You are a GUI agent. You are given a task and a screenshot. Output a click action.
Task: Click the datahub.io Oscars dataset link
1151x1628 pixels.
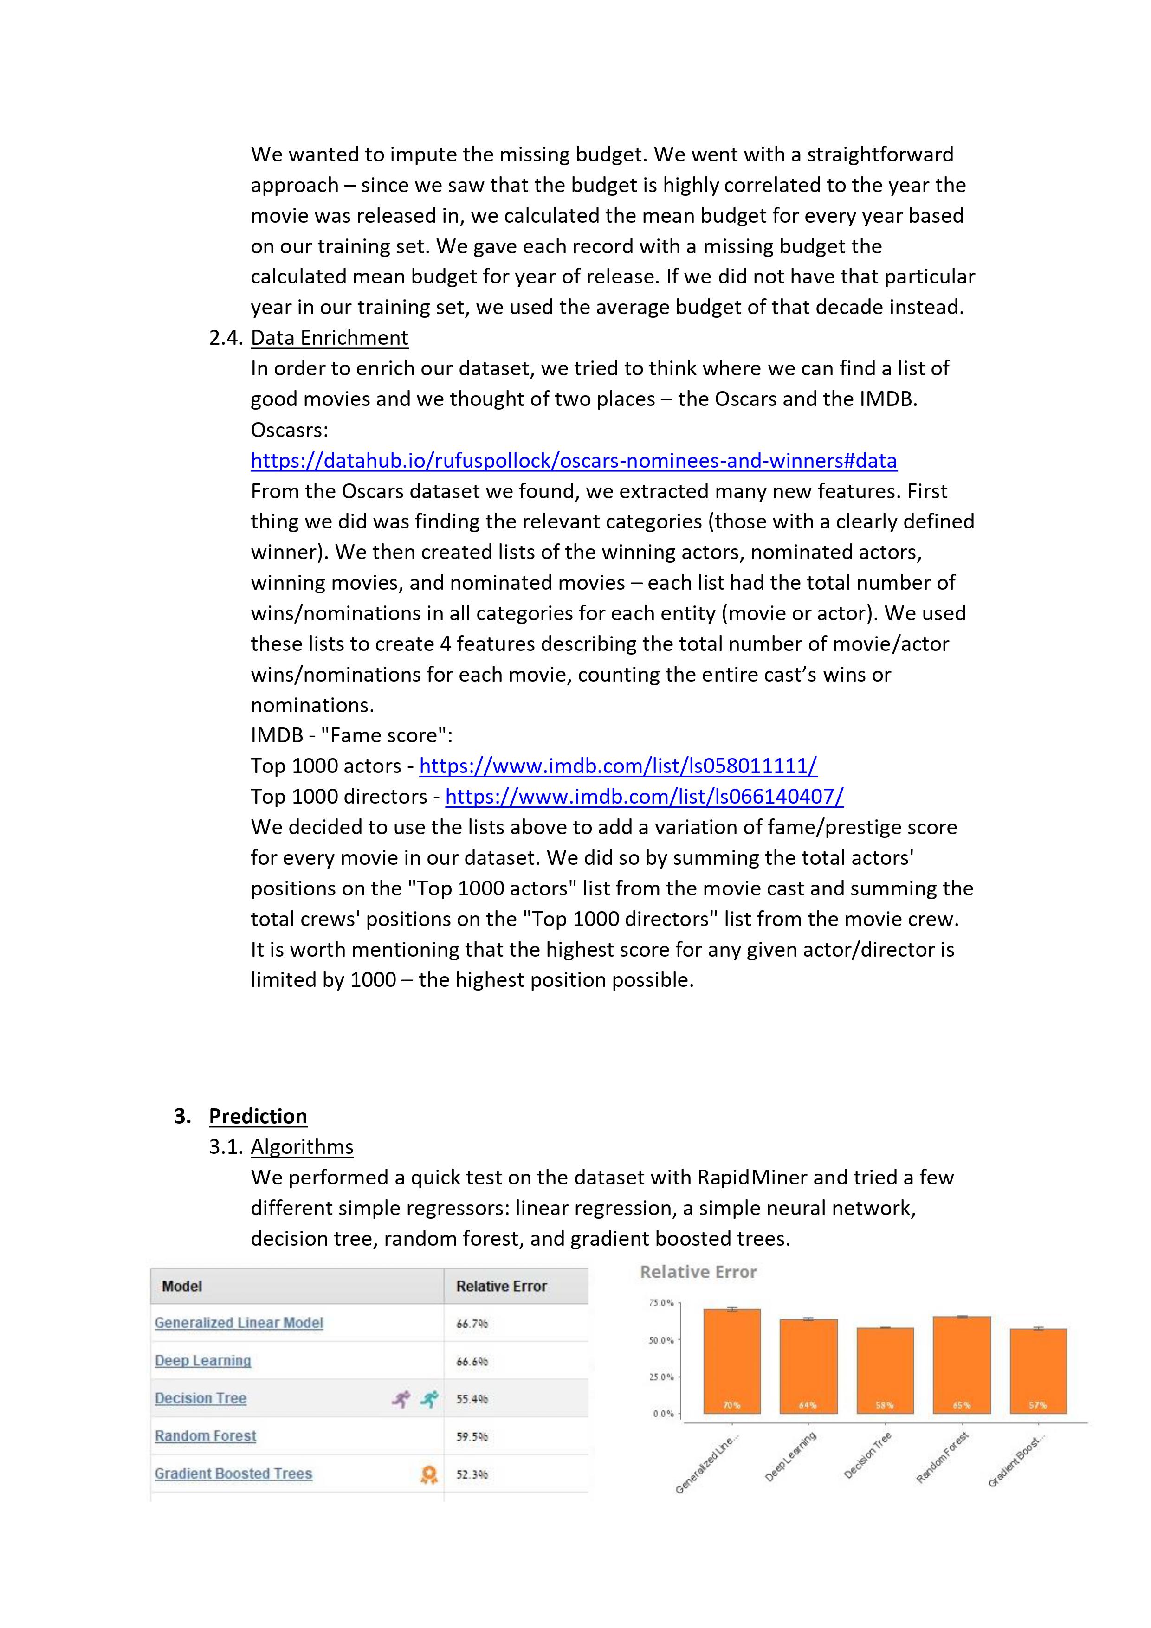coord(573,461)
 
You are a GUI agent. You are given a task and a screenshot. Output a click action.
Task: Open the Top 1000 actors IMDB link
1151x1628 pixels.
coord(618,766)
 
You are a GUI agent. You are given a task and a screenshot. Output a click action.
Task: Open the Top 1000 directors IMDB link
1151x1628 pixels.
coord(644,796)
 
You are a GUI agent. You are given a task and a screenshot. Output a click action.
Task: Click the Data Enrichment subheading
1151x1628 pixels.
coord(329,337)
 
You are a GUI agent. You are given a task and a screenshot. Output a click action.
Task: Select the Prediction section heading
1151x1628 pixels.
coord(258,1116)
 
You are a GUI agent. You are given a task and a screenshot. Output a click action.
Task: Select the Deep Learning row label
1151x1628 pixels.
coord(203,1360)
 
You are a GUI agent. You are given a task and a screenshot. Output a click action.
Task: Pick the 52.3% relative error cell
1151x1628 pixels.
coord(472,1474)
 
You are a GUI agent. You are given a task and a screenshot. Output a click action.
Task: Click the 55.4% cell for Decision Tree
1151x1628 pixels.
coord(472,1399)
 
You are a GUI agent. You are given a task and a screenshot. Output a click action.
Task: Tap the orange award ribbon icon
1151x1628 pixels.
coord(428,1474)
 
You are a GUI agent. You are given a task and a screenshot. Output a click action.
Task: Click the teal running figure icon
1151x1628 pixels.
coord(428,1399)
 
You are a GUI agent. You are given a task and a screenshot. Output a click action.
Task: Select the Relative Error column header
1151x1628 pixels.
coord(501,1286)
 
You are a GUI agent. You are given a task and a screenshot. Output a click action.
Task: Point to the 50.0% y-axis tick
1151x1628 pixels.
coord(662,1340)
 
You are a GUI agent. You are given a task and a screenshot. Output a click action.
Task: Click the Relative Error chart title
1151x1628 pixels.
coord(698,1272)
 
